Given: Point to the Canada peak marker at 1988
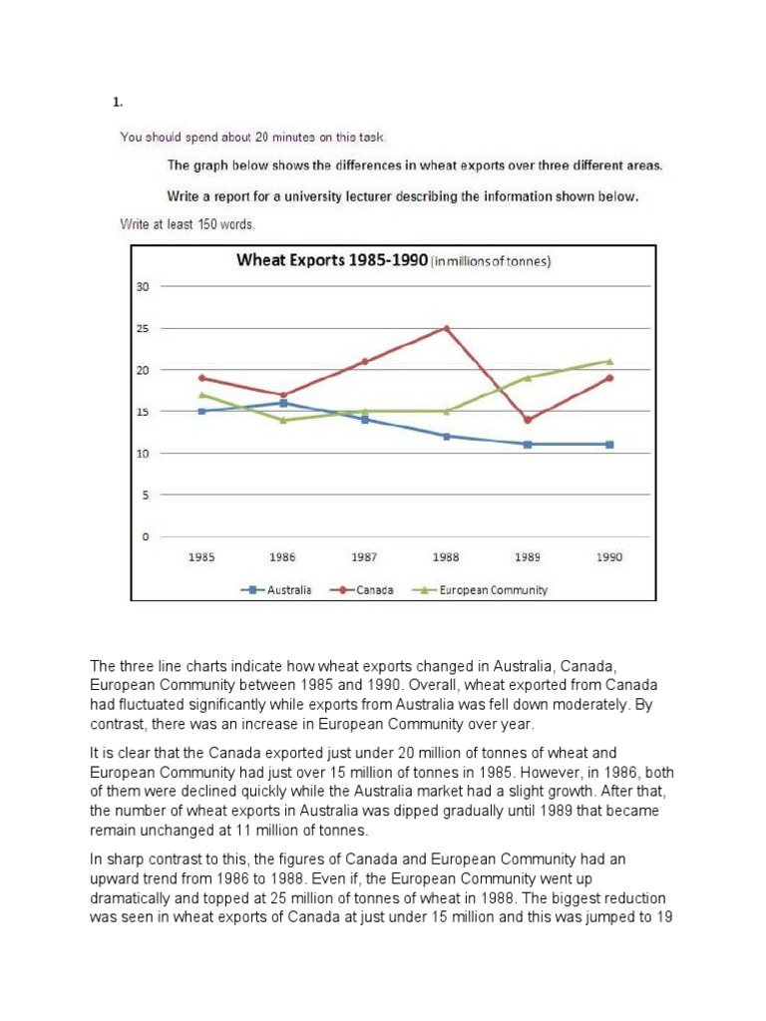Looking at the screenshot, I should (x=446, y=327).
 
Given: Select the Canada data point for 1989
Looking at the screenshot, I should (x=528, y=420).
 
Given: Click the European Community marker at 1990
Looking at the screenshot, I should (x=609, y=361).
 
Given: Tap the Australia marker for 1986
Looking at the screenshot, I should (x=283, y=403).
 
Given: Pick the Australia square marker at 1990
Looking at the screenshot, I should (x=609, y=445).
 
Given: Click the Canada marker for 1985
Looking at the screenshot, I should (x=201, y=378).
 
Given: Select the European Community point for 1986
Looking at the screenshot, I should (x=283, y=420).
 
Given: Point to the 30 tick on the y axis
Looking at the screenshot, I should (x=142, y=287).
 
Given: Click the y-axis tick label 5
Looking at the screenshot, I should (x=145, y=496).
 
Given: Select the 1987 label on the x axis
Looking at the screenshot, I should (x=364, y=557).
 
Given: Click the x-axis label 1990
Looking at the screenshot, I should (x=609, y=557).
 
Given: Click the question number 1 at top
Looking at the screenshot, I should (x=116, y=103).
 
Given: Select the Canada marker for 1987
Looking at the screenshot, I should (x=364, y=361).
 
